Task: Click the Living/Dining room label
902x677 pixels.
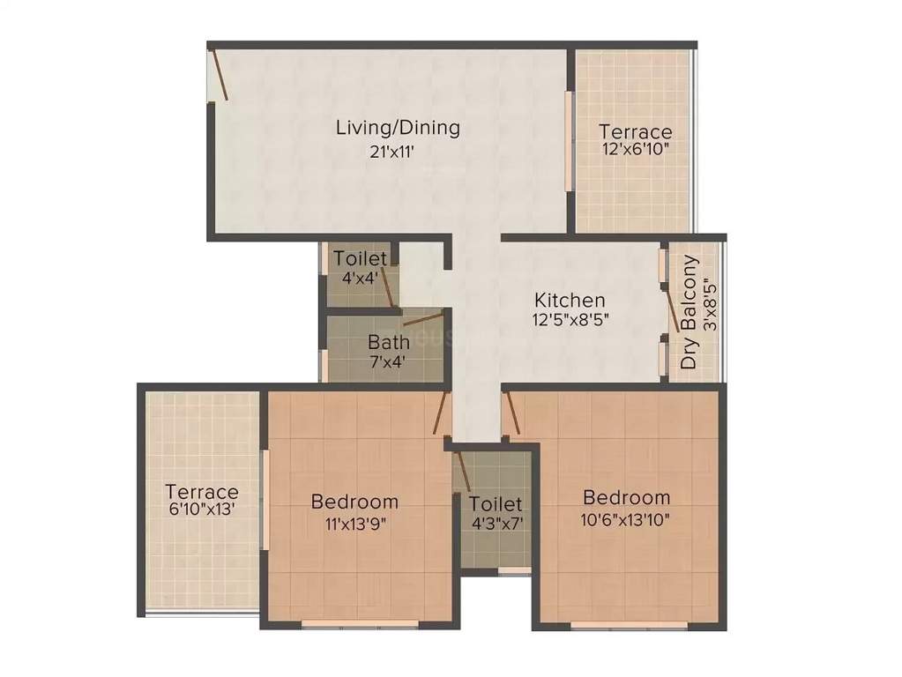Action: click(x=398, y=127)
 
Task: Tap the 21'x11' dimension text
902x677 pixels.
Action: click(x=392, y=151)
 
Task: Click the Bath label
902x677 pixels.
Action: click(x=387, y=340)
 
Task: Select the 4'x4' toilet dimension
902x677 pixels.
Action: click(x=360, y=277)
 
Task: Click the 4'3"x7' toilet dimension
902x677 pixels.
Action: click(x=496, y=523)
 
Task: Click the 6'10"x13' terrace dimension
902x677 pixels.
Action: click(x=203, y=510)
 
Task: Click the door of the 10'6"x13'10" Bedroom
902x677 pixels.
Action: click(x=511, y=414)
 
